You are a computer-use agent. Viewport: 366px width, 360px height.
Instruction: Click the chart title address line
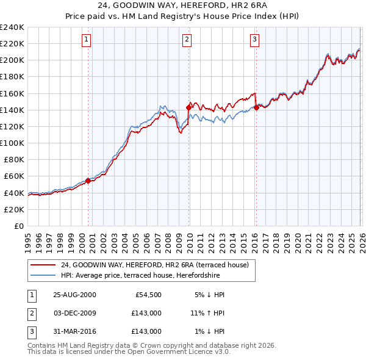[x=182, y=5]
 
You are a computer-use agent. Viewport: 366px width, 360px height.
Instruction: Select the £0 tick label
[x=18, y=226]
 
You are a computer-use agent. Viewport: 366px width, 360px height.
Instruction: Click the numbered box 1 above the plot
[x=87, y=40]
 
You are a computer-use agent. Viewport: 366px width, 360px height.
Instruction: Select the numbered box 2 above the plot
[x=187, y=40]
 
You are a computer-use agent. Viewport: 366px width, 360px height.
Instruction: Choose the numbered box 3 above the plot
[x=254, y=40]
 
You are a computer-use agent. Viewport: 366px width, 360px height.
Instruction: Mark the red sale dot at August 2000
[x=88, y=181]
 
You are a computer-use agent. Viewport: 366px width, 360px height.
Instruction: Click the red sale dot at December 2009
[x=188, y=107]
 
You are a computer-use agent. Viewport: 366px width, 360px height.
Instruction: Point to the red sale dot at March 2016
[x=256, y=107]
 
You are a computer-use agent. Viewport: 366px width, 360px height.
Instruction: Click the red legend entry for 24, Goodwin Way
[x=154, y=265]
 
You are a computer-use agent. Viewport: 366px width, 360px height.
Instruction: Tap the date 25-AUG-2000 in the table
[x=74, y=295]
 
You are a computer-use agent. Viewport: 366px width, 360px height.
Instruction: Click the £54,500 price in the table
[x=146, y=295]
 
